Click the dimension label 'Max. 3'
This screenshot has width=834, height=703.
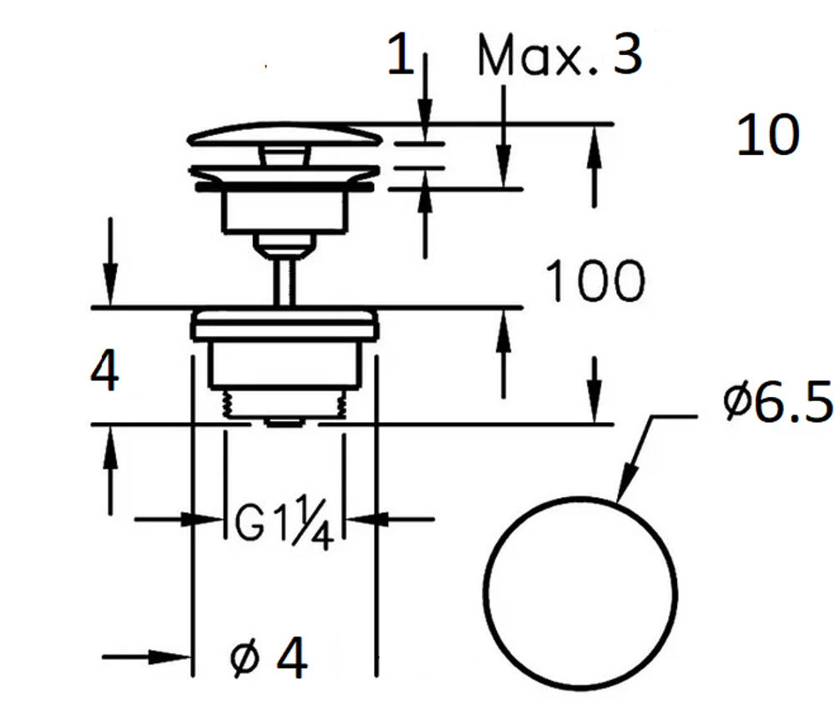coord(560,55)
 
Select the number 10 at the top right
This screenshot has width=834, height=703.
coord(768,135)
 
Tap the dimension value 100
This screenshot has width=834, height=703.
coord(595,281)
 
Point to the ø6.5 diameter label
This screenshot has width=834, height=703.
coord(777,401)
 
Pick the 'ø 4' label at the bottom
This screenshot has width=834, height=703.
coord(269,658)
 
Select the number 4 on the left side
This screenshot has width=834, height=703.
coord(105,370)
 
